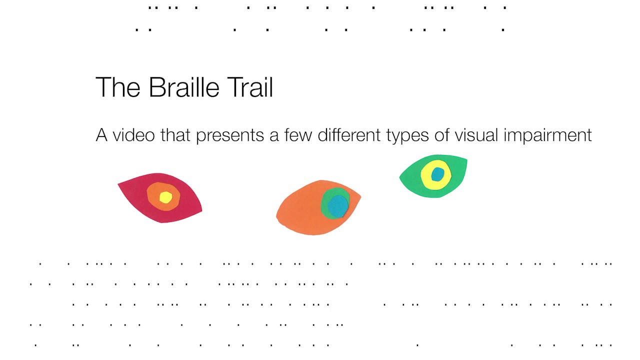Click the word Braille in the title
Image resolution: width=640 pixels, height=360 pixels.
pos(184,87)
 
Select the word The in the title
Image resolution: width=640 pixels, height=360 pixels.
pos(118,87)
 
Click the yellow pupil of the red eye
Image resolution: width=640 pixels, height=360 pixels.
pos(165,197)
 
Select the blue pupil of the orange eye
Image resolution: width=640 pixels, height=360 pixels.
pos(338,206)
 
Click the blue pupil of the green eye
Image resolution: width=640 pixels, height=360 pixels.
pos(437,174)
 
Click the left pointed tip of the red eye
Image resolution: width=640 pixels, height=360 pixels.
pos(119,185)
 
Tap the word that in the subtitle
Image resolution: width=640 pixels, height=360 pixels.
pos(175,135)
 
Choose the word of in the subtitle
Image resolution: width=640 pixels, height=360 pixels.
pos(441,135)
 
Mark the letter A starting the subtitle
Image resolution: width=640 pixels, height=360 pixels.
pos(101,135)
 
